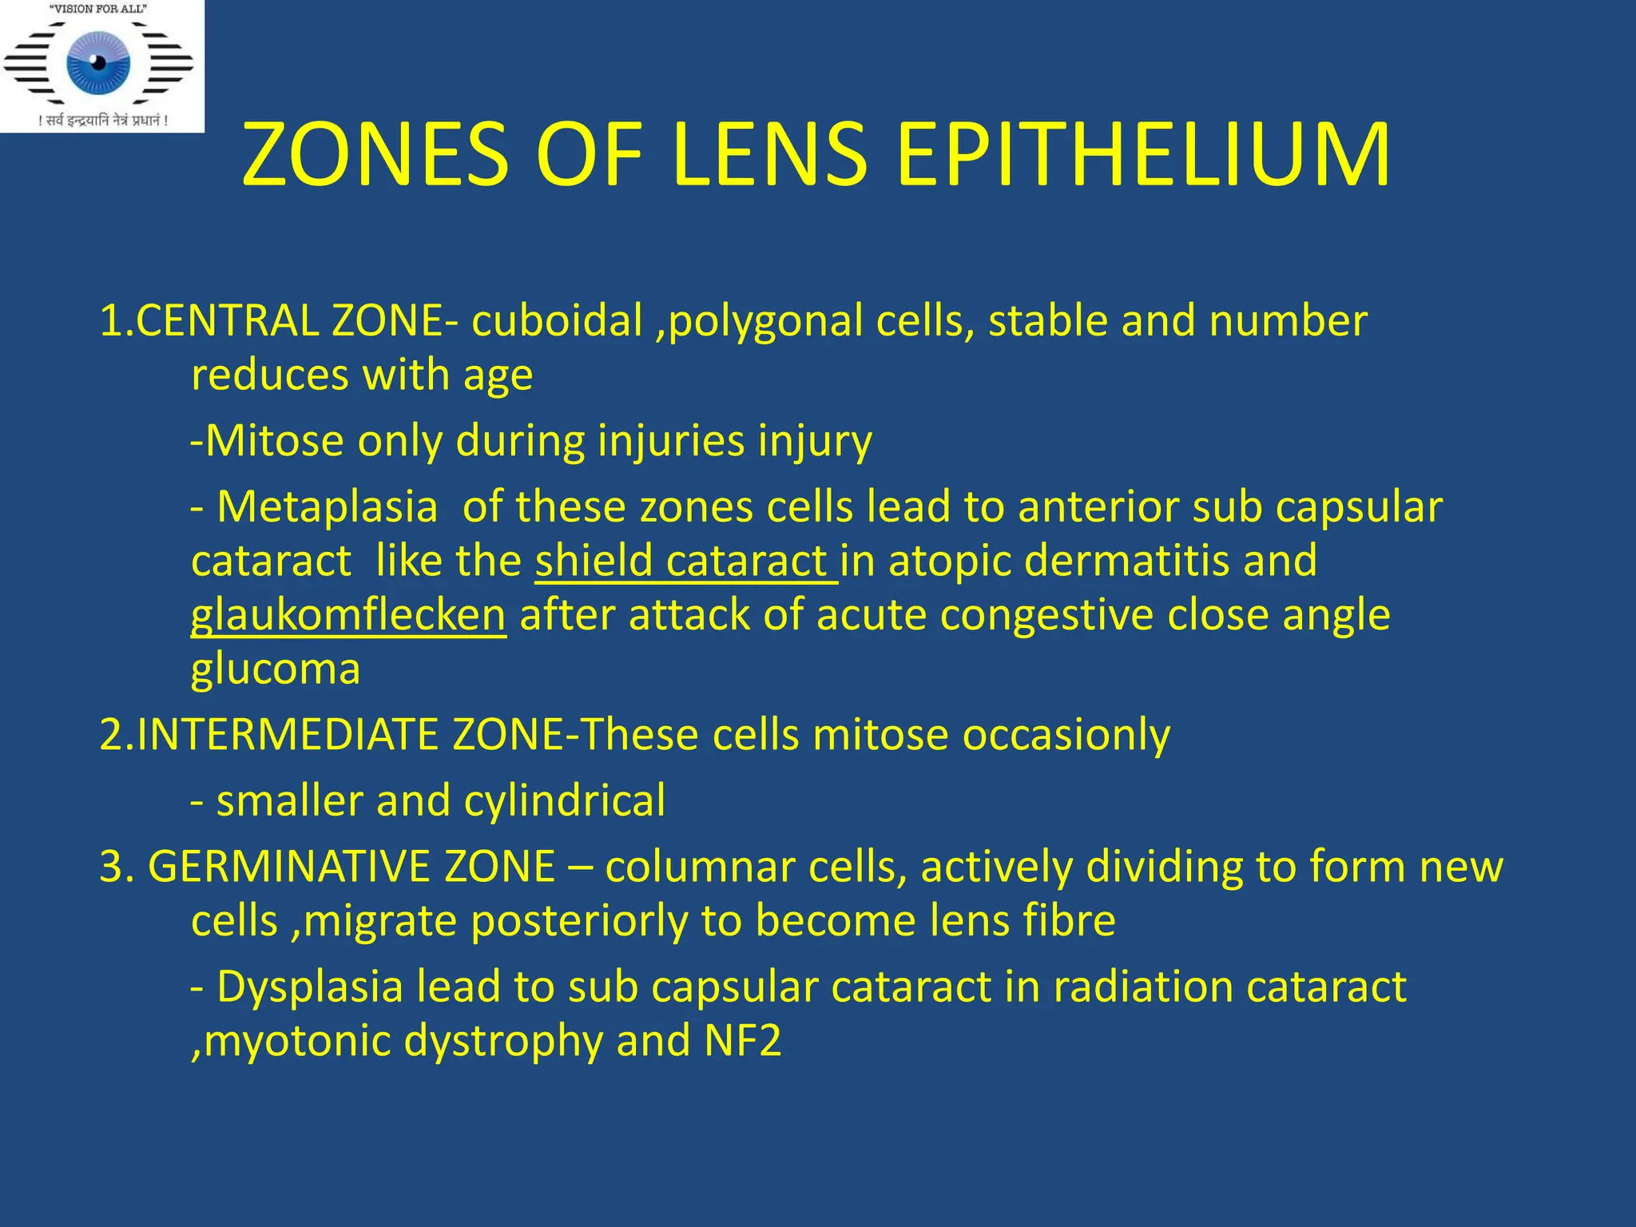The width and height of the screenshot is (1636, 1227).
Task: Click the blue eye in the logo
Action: (98, 63)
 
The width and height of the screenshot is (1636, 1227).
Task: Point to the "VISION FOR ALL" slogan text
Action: (99, 10)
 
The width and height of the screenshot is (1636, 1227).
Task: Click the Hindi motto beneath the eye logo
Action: (103, 121)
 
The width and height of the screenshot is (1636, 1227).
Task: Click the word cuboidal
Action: (557, 321)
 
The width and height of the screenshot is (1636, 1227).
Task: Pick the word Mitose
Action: (275, 441)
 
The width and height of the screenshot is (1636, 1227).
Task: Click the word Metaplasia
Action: (327, 507)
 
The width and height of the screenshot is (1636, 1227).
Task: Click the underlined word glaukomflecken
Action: (348, 616)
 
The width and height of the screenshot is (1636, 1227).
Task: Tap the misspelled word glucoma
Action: (276, 669)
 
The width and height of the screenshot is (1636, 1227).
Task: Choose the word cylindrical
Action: (564, 801)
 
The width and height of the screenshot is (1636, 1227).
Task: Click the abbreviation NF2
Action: (742, 1041)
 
